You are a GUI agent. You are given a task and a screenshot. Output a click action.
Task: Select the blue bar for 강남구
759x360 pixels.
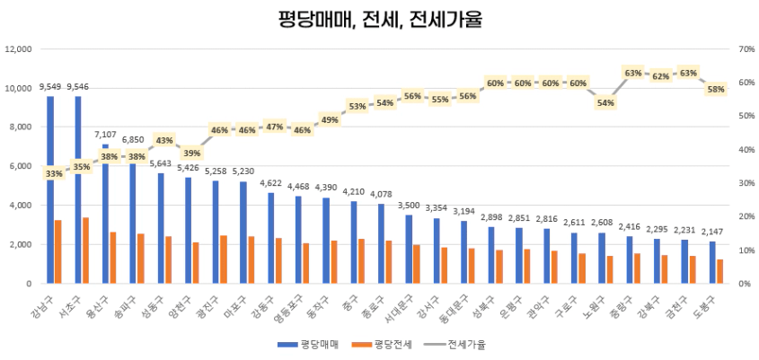click(50, 189)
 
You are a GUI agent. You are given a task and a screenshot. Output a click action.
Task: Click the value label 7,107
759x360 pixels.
click(106, 134)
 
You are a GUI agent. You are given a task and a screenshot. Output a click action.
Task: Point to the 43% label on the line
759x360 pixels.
click(164, 140)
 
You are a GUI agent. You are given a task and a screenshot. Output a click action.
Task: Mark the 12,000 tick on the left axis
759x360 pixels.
click(19, 49)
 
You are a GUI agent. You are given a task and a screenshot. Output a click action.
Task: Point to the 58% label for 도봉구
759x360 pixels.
click(716, 89)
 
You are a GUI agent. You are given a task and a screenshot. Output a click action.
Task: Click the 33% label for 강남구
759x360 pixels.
click(54, 173)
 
